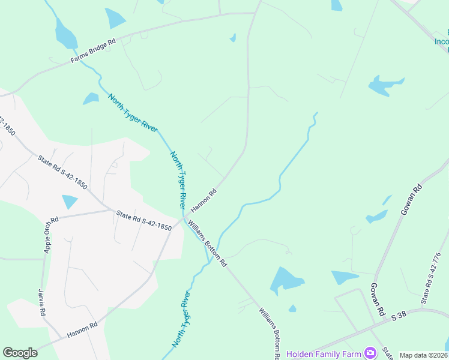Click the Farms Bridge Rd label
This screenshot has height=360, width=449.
point(92,52)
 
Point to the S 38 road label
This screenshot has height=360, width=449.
point(399,315)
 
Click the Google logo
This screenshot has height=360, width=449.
point(20,353)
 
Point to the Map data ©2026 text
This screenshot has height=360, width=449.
point(423,355)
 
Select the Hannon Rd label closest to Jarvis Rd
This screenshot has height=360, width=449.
point(82,330)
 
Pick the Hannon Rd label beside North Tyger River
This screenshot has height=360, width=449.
point(203,201)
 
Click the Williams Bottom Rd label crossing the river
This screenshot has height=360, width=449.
point(207,243)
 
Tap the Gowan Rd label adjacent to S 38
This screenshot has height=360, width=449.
point(376,299)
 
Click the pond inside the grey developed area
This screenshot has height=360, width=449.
point(70,202)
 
